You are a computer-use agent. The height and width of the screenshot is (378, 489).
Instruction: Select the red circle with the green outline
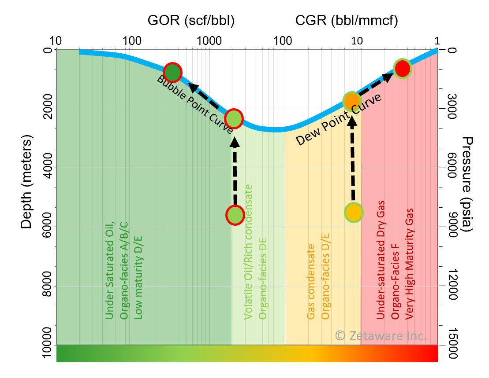402,69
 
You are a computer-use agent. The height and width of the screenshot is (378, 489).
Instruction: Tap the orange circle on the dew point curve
352,101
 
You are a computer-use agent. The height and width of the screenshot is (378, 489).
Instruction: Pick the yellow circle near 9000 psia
354,213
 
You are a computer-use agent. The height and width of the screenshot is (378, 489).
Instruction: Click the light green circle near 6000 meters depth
235,215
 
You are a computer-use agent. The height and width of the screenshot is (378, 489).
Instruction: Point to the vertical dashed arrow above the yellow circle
352,158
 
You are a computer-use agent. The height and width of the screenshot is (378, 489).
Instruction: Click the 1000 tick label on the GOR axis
209,41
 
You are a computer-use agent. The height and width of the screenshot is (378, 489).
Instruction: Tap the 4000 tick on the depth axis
48,168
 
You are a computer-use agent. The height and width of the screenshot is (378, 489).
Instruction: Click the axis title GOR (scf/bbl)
191,21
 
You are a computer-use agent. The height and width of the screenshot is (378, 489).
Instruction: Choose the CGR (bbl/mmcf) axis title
347,21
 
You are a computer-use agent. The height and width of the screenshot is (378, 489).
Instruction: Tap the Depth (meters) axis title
26,182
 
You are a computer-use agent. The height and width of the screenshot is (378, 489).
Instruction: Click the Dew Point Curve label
338,119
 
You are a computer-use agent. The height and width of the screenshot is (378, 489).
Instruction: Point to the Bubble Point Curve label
195,104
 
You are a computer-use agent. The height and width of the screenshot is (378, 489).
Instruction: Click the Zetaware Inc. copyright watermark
381,336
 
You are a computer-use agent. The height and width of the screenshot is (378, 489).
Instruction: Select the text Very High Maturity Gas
409,264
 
